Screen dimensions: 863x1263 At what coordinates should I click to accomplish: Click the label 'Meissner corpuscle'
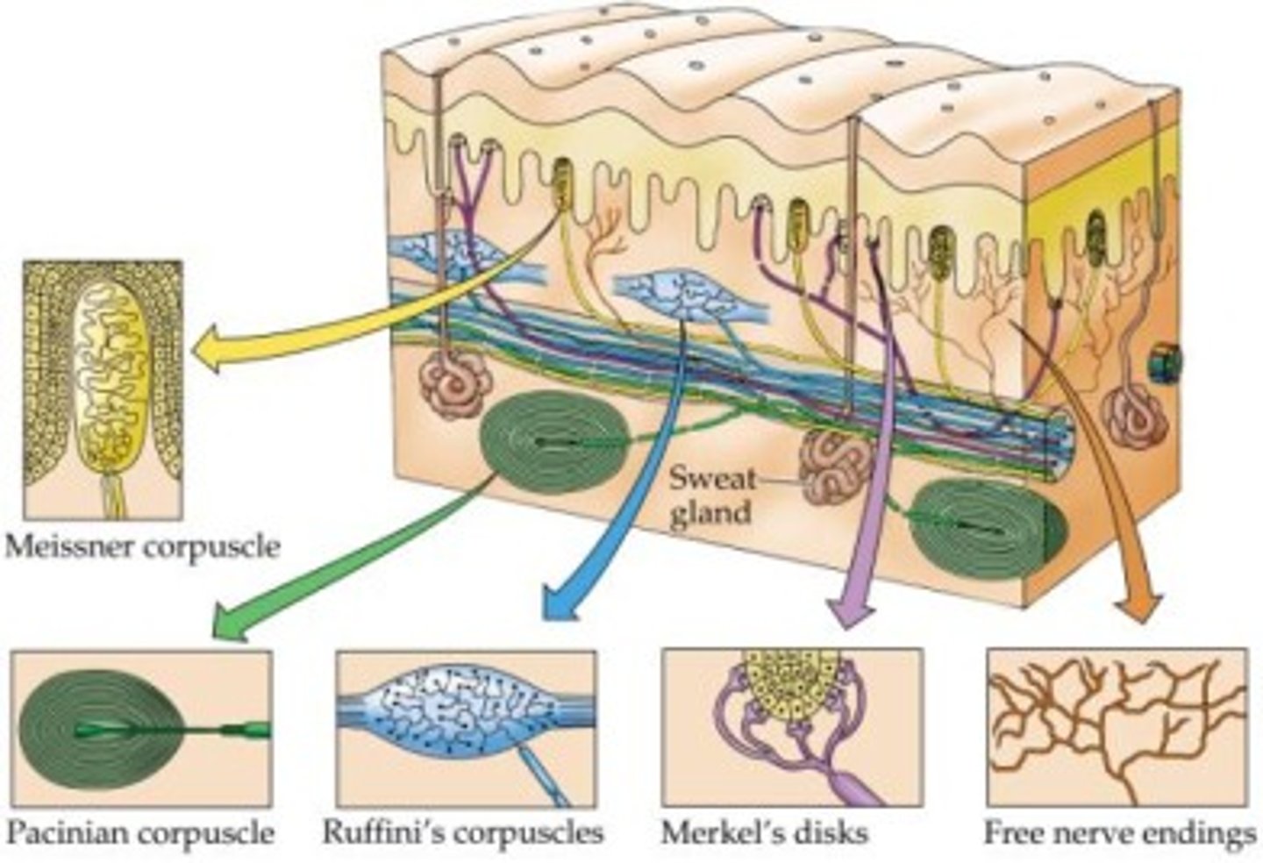coord(142,547)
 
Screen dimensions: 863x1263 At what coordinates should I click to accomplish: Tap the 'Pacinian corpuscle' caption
coord(140,831)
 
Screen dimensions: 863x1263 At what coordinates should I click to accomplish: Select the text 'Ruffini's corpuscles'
coord(463,831)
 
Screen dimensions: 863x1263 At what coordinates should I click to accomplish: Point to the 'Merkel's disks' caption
coord(766,831)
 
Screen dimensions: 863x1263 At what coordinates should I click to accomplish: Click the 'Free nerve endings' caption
coord(1119,832)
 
